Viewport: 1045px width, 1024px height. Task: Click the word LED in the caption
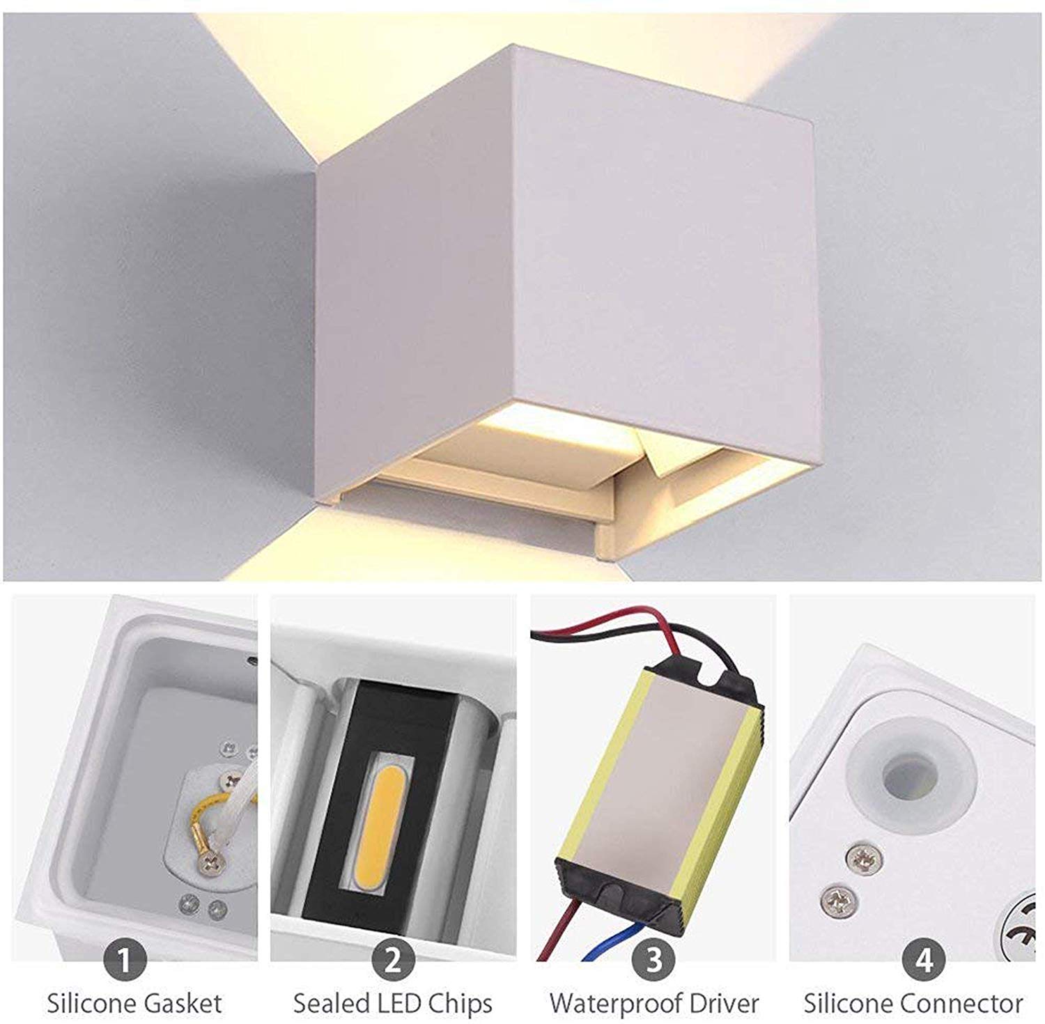[401, 1004]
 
